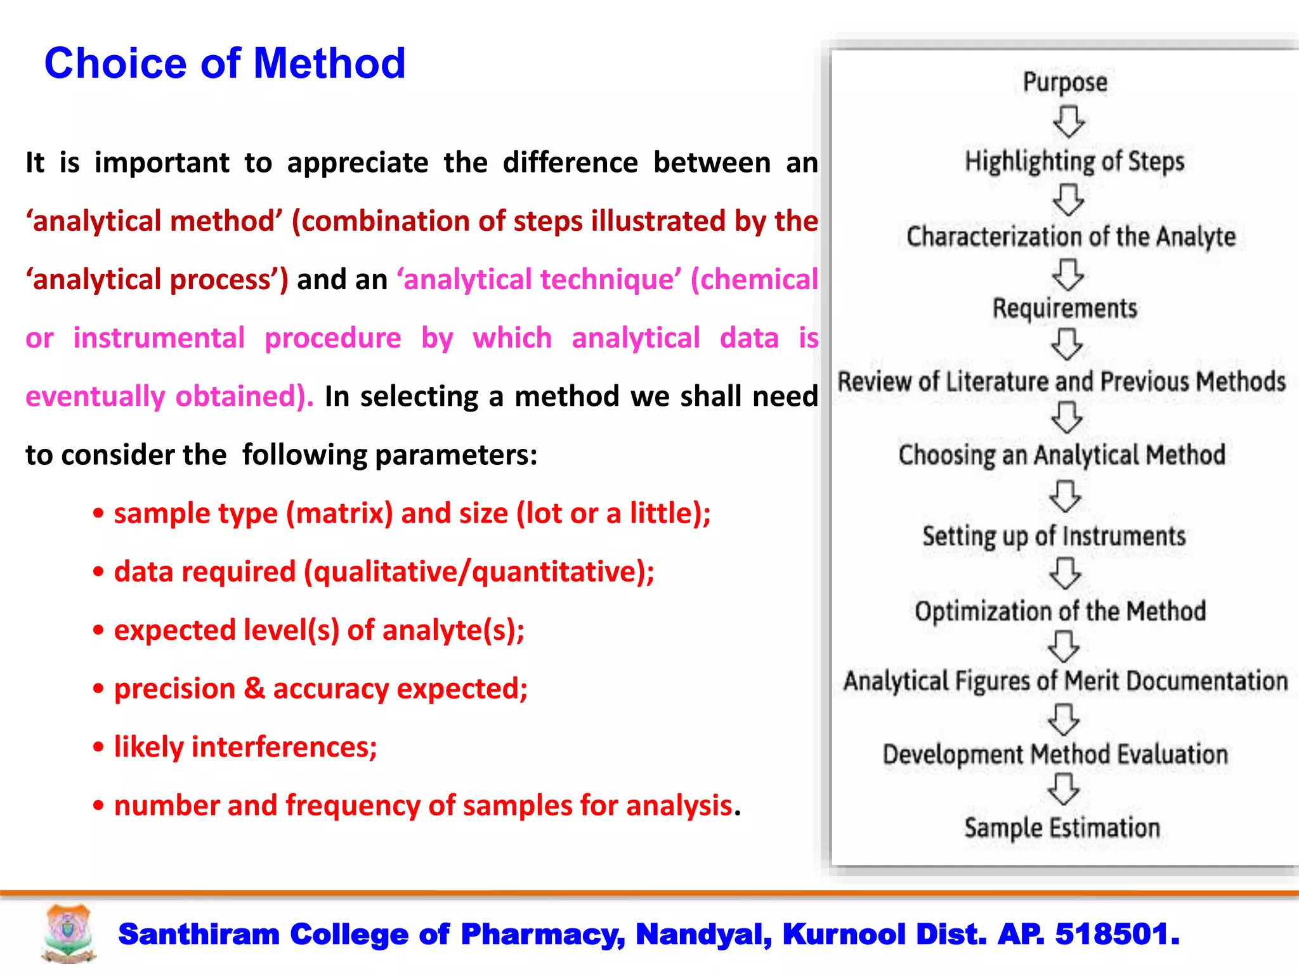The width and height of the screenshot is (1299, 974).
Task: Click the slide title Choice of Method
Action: pos(225,63)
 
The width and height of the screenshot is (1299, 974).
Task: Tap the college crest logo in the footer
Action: pos(69,933)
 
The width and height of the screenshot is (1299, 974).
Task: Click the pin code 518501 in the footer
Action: pos(1116,934)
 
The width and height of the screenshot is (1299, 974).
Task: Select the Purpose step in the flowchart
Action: pos(1065,82)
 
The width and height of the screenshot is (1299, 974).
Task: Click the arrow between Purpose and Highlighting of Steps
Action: pos(1068,122)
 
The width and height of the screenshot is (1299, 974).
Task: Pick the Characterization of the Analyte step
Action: pos(1071,237)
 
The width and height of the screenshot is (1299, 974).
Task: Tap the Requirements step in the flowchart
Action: pos(1064,308)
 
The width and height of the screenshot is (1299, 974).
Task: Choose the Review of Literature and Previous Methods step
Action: pos(1061,382)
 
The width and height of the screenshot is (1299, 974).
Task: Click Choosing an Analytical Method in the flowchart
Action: pos(1062,455)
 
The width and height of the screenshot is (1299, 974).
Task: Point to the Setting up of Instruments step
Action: pos(1054,536)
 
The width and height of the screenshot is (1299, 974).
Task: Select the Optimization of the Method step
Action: pos(1060,611)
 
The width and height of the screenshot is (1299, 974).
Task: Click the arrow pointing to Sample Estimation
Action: pos(1063,789)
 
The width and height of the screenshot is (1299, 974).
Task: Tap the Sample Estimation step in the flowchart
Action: pos(1062,828)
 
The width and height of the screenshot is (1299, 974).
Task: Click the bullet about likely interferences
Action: pos(245,747)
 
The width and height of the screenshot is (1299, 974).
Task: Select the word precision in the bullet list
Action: pos(174,689)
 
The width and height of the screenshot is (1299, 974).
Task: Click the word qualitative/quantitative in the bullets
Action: pos(479,572)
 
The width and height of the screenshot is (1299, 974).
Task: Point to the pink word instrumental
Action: pos(159,338)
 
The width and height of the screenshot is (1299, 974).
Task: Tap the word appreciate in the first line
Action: pos(358,163)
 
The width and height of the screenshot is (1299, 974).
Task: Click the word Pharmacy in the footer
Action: pos(542,934)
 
